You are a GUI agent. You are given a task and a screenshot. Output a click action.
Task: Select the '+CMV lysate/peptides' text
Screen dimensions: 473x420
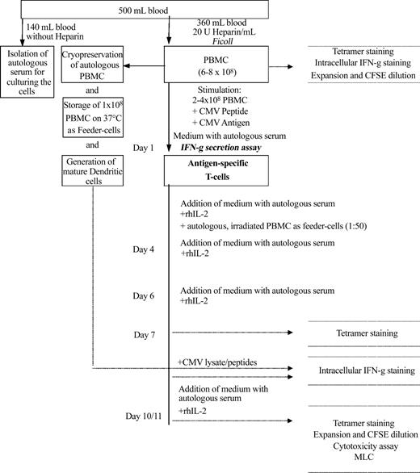click(218, 362)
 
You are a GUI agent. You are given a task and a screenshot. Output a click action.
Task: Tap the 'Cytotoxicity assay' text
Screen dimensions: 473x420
click(363, 446)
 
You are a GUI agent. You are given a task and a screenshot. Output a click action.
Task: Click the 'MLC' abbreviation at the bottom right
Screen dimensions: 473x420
click(363, 458)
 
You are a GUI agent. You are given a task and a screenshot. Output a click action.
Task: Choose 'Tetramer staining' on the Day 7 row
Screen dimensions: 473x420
click(363, 332)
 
